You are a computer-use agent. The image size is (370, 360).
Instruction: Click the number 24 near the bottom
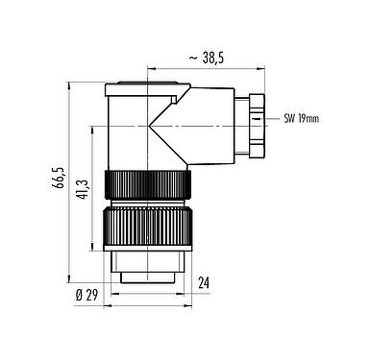coord(203,282)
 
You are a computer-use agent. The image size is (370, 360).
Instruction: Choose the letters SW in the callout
coord(289,120)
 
